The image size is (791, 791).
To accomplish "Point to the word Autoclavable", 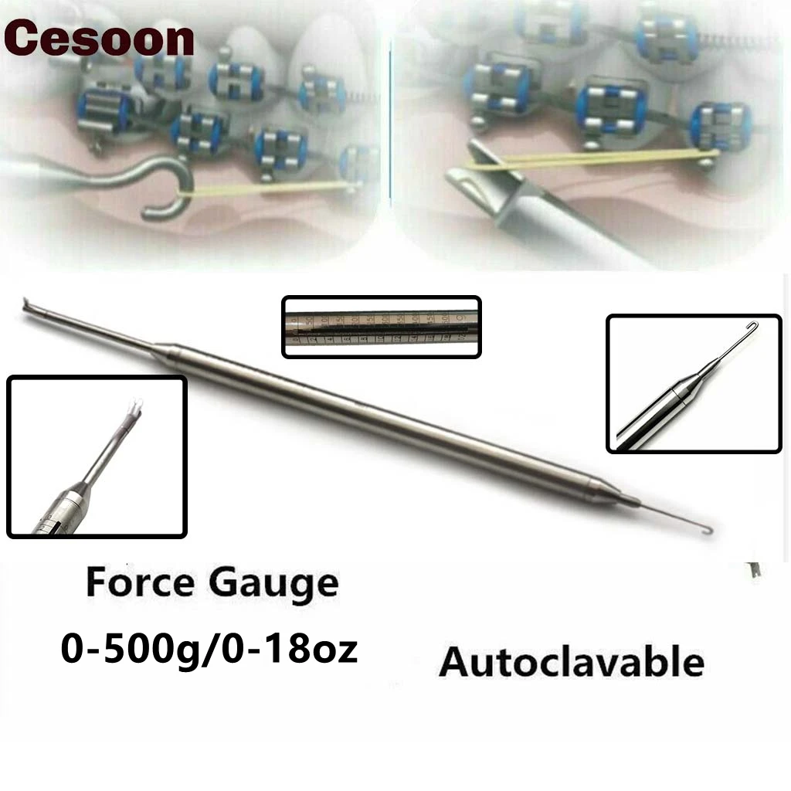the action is [572, 663].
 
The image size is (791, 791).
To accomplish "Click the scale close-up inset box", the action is [382, 327].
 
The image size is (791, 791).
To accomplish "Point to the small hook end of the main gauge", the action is [706, 529].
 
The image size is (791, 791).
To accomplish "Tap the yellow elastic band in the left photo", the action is [270, 187].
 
